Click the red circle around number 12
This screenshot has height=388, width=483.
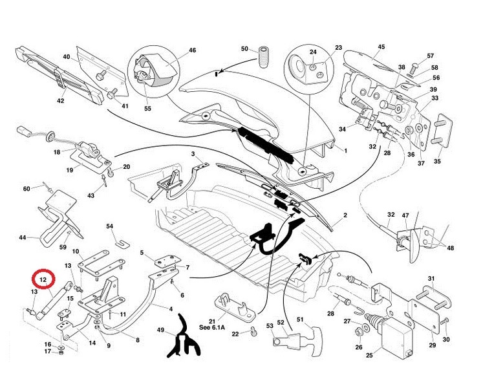43,280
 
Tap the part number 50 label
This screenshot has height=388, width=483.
244,49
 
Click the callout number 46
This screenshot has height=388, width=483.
192,50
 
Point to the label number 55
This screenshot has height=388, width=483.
147,109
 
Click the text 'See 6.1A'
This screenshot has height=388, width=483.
231,327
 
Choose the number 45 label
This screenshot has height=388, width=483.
381,47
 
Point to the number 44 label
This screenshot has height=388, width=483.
23,238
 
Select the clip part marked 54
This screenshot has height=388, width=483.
120,242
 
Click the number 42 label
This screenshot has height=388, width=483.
61,101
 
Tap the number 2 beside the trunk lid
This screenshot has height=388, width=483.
345,215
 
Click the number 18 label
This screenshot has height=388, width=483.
56,152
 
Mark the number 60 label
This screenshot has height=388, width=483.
27,188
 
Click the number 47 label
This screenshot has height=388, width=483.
406,215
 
